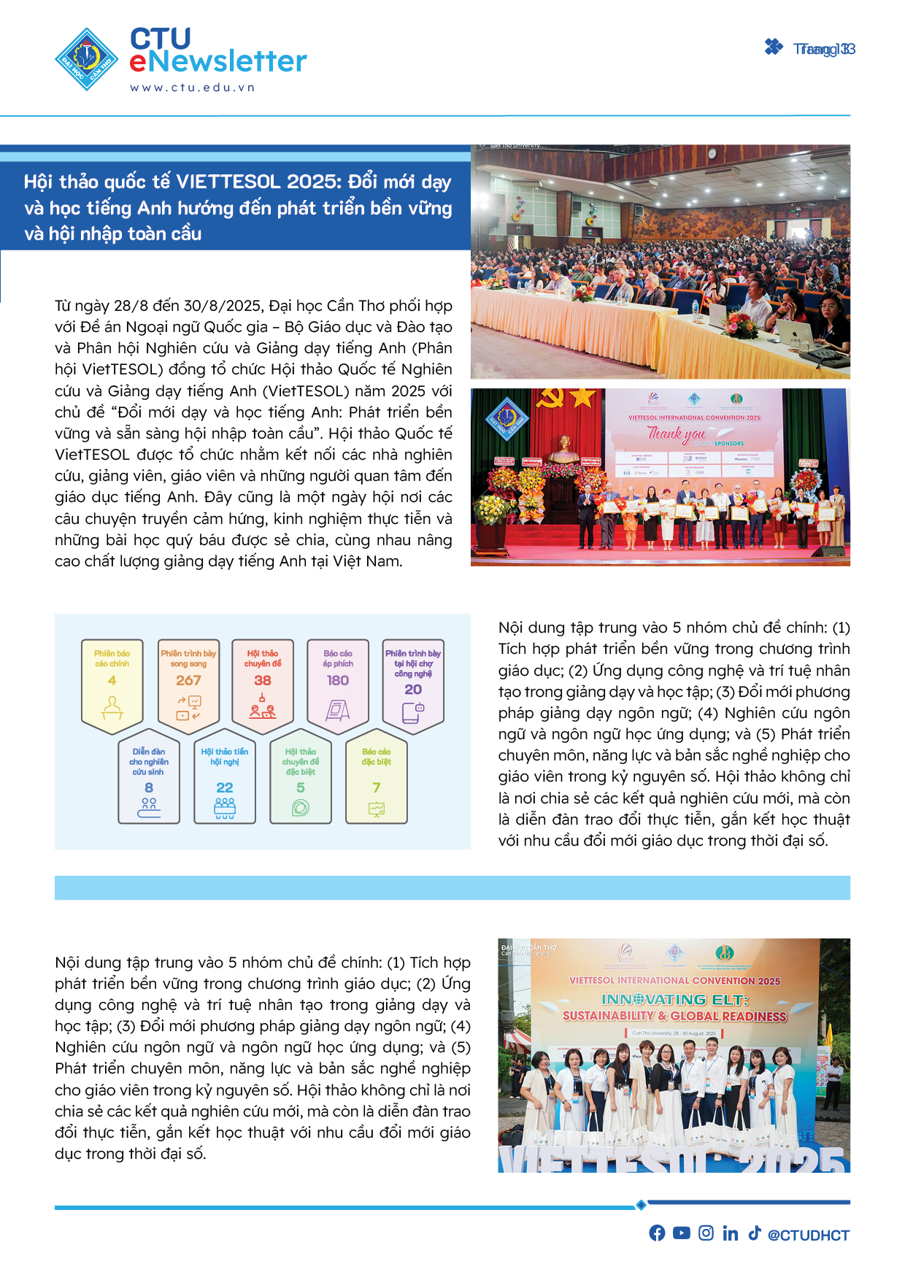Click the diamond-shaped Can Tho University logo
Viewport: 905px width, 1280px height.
pyautogui.click(x=87, y=59)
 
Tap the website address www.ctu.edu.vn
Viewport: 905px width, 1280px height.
pyautogui.click(x=193, y=88)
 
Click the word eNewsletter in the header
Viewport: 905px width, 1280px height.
pyautogui.click(x=218, y=62)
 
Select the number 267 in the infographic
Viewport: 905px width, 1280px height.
pyautogui.click(x=188, y=680)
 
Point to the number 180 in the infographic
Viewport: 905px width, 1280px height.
pyautogui.click(x=338, y=680)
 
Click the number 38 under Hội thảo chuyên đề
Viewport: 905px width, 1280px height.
pyautogui.click(x=263, y=680)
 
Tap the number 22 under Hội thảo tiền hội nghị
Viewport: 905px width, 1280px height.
pyautogui.click(x=225, y=787)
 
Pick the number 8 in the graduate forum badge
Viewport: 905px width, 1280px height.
pyautogui.click(x=149, y=787)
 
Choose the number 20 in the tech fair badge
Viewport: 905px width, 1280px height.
pyautogui.click(x=413, y=689)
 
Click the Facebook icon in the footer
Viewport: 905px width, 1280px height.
pyautogui.click(x=657, y=1233)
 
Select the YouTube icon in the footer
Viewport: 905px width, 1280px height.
pyautogui.click(x=682, y=1233)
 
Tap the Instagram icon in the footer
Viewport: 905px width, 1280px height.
pyautogui.click(x=706, y=1233)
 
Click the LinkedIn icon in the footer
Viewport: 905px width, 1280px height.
pyautogui.click(x=730, y=1233)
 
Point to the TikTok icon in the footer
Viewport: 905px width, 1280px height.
pyautogui.click(x=755, y=1233)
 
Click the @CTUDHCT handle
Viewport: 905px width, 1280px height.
pyautogui.click(x=809, y=1235)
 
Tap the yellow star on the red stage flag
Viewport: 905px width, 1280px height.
pyautogui.click(x=582, y=398)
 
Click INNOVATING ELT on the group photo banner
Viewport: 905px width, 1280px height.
pyautogui.click(x=675, y=999)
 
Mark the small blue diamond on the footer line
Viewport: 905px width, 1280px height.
pyautogui.click(x=641, y=1204)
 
